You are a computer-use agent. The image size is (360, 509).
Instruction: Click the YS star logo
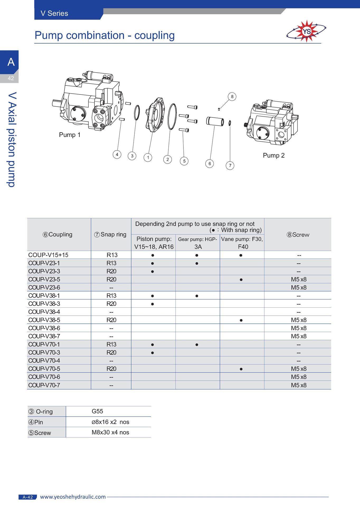pyautogui.click(x=306, y=31)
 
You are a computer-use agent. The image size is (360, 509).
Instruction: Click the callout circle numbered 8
pyautogui.click(x=232, y=97)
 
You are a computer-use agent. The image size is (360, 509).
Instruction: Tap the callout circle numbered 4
pyautogui.click(x=117, y=154)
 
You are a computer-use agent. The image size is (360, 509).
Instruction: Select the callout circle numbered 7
pyautogui.click(x=230, y=165)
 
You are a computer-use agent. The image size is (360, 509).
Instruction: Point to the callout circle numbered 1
pyautogui.click(x=148, y=158)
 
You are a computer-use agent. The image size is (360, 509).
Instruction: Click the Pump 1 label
pyautogui.click(x=70, y=135)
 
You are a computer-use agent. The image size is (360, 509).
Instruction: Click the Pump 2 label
pyautogui.click(x=274, y=155)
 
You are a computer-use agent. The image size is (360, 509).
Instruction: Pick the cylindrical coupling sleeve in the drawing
pyautogui.click(x=215, y=121)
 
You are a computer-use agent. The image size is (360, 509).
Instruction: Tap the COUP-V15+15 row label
pyautogui.click(x=48, y=255)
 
